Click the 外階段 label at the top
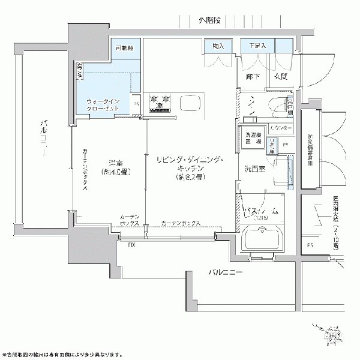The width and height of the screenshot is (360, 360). click(209, 20)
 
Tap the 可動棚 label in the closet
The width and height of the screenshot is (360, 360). click(125, 47)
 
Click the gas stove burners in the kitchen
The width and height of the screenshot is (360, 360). click(160, 102)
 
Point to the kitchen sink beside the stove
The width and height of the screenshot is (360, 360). click(190, 103)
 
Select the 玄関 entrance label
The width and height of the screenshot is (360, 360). click(281, 77)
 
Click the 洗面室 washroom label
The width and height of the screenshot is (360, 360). click(254, 169)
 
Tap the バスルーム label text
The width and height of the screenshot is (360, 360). click(259, 211)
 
